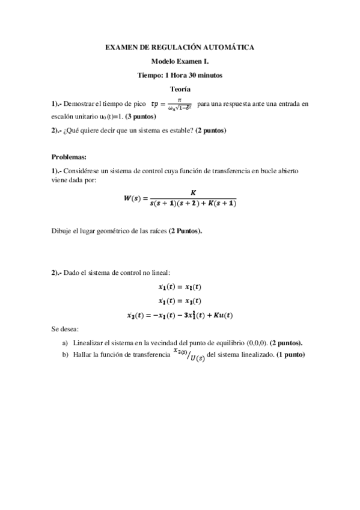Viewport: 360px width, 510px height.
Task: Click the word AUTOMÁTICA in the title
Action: [230, 47]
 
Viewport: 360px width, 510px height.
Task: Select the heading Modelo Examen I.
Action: [180, 61]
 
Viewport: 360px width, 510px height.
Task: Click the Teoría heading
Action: [180, 89]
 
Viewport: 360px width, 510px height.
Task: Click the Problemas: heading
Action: [69, 156]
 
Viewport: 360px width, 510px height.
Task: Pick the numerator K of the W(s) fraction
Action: [193, 192]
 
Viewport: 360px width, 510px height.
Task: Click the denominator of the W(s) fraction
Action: [193, 204]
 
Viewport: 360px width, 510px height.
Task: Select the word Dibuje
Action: [62, 230]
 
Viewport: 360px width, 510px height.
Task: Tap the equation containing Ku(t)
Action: [180, 315]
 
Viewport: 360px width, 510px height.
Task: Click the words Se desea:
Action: [65, 330]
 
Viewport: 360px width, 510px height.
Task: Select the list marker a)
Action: [65, 343]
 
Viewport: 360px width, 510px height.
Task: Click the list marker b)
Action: [65, 354]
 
